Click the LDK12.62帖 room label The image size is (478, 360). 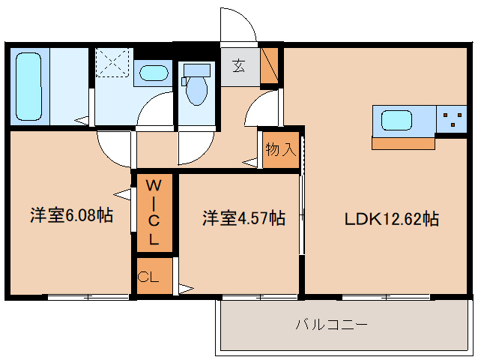tap(391, 219)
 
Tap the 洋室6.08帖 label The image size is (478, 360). tap(72, 216)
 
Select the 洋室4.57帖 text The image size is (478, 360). tap(244, 218)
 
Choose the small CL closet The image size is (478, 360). tap(148, 277)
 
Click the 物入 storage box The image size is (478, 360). tap(281, 148)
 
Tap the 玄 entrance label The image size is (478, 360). tap(238, 66)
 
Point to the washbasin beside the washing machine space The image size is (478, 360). tap(154, 73)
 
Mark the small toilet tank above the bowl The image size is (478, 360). tap(196, 70)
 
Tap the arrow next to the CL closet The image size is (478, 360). tap(184, 287)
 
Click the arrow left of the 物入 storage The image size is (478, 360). tap(249, 160)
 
